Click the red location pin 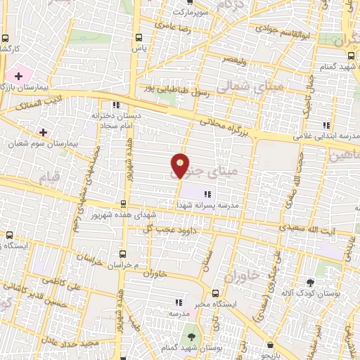[x=181, y=165]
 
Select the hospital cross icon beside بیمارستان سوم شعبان [x=44, y=132]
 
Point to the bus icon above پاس [x=137, y=39]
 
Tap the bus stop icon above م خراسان [x=123, y=253]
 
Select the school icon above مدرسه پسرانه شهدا [x=207, y=194]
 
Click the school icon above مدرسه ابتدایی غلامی [x=324, y=126]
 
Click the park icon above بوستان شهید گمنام [x=188, y=330]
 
